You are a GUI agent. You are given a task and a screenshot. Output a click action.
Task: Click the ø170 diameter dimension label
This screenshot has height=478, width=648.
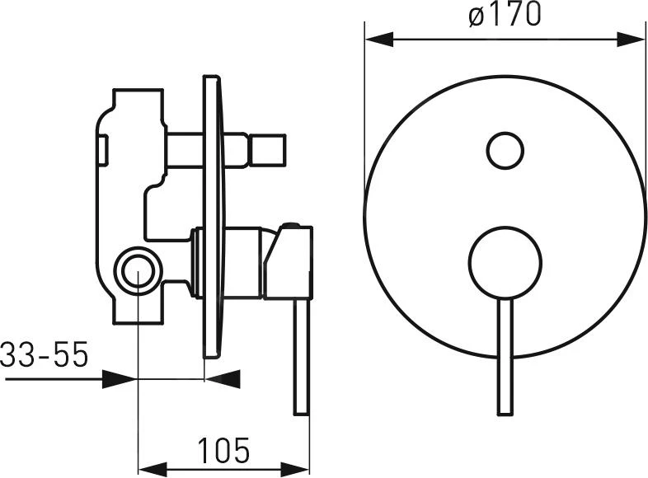[505, 14]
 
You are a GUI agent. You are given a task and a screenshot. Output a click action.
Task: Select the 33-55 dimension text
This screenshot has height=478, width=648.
[45, 354]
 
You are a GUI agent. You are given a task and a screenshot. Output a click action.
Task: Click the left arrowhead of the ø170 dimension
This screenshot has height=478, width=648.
[379, 40]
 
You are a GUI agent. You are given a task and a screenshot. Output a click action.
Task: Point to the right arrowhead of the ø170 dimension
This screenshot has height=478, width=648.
[631, 40]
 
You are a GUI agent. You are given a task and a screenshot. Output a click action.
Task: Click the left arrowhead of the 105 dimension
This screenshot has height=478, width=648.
[152, 470]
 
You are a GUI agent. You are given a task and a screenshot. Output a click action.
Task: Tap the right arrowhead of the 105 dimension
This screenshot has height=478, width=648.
[295, 470]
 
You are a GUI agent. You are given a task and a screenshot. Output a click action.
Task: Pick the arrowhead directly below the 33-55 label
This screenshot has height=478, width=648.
[119, 379]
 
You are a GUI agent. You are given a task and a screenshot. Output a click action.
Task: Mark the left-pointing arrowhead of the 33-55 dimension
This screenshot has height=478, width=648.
[223, 379]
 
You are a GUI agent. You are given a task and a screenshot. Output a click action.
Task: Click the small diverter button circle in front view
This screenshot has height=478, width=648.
[505, 150]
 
